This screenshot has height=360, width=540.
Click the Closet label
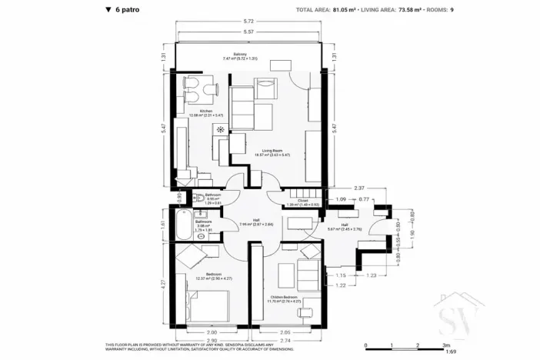(298, 202)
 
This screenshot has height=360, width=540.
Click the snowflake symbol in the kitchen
(221, 128)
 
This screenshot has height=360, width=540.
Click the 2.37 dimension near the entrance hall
(358, 187)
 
